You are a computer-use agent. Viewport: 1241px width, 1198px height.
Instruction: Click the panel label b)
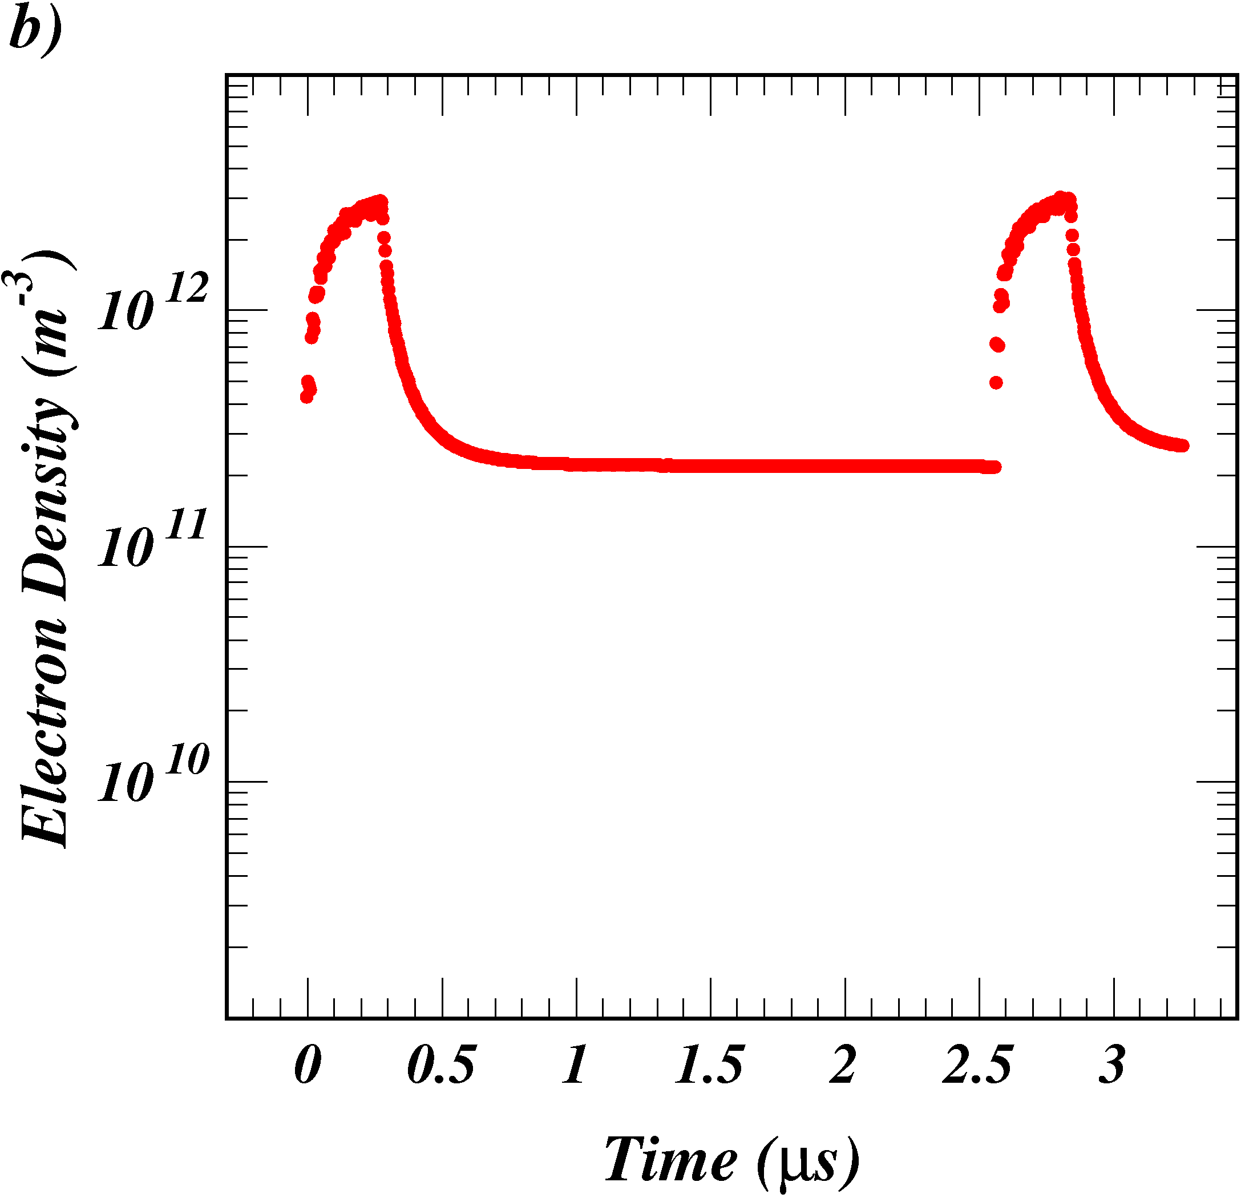(x=35, y=29)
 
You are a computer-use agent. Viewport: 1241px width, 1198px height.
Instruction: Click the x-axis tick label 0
(x=308, y=1065)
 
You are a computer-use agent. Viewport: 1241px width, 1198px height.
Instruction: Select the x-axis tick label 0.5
(x=441, y=1065)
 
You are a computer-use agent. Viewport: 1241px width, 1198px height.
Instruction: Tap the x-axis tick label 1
(x=576, y=1065)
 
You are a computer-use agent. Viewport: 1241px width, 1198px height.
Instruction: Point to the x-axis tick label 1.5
(x=710, y=1065)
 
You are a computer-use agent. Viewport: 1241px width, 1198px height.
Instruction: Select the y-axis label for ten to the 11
(x=152, y=540)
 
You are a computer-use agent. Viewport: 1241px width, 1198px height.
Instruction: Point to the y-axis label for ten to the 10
(x=152, y=775)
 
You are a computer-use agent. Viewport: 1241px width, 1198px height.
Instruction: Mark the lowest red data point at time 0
(x=306, y=396)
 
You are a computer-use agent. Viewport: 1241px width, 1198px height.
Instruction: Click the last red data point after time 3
(x=1183, y=446)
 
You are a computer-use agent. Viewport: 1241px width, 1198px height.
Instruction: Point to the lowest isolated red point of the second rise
(x=996, y=382)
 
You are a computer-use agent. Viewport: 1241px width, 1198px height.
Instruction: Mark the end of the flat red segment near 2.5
(x=995, y=467)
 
